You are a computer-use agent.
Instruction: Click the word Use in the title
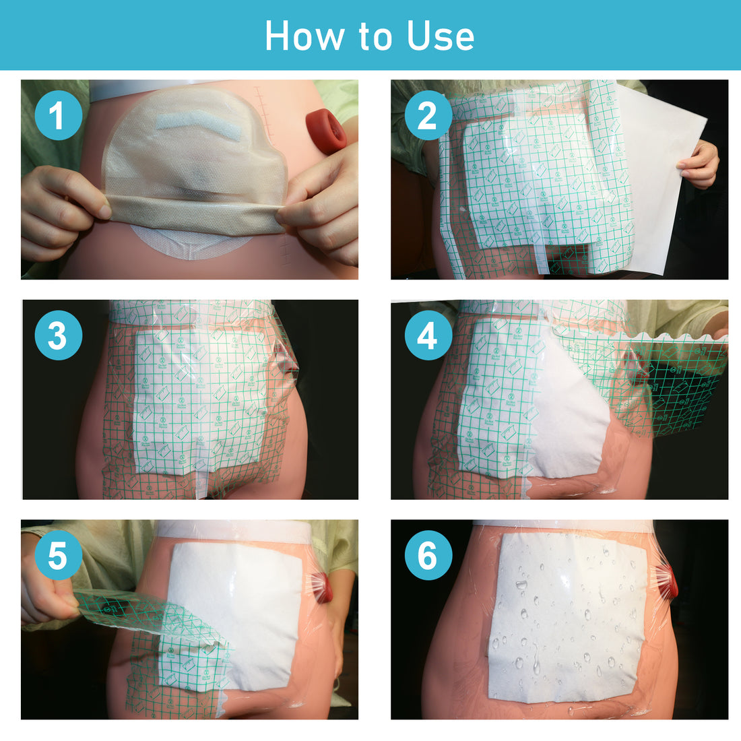point(441,36)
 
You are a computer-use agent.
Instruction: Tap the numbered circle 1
point(58,115)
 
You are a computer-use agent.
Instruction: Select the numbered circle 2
point(428,115)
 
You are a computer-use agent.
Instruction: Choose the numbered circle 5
point(58,556)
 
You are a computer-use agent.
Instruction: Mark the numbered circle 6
point(428,556)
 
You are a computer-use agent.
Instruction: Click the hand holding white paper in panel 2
point(701,164)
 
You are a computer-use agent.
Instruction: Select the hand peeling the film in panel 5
point(47,593)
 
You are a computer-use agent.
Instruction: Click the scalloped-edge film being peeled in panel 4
point(647,377)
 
